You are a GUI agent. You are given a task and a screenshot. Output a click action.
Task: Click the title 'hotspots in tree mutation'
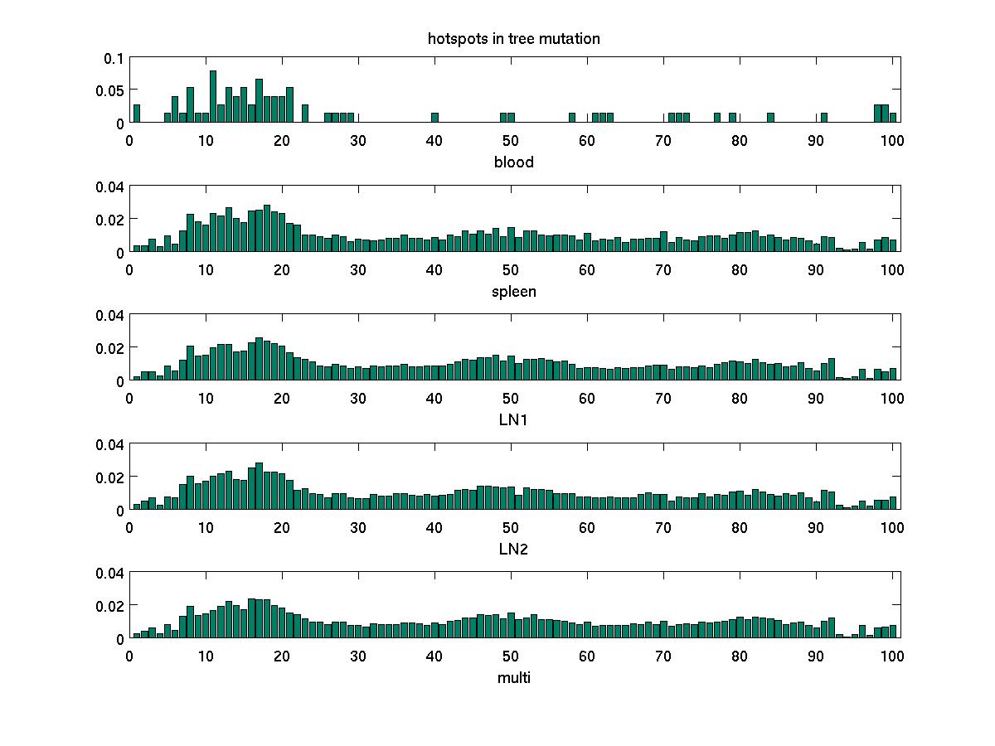tap(513, 38)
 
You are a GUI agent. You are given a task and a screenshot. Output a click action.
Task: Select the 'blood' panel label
tap(513, 162)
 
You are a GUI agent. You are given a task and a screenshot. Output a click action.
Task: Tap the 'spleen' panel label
tap(513, 292)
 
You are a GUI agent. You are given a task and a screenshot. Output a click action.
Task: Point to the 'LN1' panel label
tap(513, 419)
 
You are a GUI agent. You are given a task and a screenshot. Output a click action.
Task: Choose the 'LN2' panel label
tap(513, 549)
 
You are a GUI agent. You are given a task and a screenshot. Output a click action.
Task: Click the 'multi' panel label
tap(513, 678)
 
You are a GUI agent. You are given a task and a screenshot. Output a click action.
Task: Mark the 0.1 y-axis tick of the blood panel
tap(114, 58)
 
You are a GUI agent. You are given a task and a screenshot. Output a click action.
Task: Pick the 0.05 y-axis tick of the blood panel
tap(109, 90)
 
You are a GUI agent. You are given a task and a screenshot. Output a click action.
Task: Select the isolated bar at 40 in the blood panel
tap(434, 118)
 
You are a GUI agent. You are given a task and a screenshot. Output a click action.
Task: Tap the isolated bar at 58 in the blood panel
tap(572, 118)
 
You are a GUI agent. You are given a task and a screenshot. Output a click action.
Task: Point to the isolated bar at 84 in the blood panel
tap(770, 118)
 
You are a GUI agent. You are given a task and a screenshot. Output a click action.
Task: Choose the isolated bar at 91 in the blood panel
tap(824, 118)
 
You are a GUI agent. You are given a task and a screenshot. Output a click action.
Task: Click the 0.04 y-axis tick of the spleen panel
tap(109, 186)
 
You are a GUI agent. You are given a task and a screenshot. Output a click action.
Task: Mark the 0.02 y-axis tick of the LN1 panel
tap(109, 348)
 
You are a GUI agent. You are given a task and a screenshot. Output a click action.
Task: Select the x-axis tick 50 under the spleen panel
tap(511, 269)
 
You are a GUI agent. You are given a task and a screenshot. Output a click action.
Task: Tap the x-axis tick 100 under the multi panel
tap(892, 656)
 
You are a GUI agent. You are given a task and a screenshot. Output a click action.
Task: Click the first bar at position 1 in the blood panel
tap(137, 114)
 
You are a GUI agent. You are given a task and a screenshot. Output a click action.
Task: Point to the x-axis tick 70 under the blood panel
tap(663, 140)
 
